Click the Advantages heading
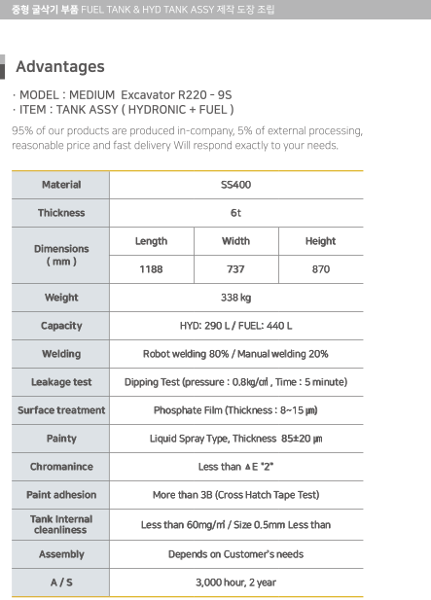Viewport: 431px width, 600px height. click(60, 66)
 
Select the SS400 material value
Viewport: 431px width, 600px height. click(235, 185)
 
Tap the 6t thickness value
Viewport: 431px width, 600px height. click(235, 213)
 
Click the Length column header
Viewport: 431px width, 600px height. click(151, 241)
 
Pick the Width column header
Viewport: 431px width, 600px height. click(235, 241)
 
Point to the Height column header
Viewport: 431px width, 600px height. click(320, 241)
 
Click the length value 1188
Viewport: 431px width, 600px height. click(151, 269)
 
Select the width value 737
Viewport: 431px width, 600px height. click(235, 269)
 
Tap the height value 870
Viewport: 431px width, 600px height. click(321, 269)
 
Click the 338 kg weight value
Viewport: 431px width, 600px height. click(235, 298)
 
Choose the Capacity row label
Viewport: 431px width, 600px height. click(61, 326)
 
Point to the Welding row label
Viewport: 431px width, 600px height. click(61, 354)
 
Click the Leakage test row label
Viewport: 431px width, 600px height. click(61, 382)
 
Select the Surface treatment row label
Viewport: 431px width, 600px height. click(61, 410)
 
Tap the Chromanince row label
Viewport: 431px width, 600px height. click(61, 467)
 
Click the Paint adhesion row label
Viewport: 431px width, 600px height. click(61, 495)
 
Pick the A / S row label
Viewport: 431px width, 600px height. click(61, 582)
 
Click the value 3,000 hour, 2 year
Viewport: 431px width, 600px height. click(235, 582)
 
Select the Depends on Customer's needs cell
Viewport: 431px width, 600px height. click(235, 554)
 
